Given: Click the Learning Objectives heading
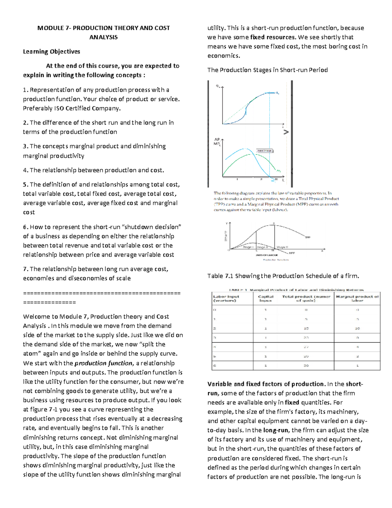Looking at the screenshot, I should tap(51, 52).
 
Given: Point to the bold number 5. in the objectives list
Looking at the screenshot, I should tap(25, 184).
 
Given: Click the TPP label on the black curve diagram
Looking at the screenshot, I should tap(308, 237).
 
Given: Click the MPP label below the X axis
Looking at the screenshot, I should tap(291, 253).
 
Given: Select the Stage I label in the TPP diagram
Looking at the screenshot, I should tap(248, 247).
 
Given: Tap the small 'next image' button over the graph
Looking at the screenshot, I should tap(264, 151).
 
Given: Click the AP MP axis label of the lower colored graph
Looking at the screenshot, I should tap(217, 141).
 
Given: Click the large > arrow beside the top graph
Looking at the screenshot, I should tap(286, 132).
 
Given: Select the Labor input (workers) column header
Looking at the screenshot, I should tap(226, 298).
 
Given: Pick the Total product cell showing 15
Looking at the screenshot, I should tap(306, 328).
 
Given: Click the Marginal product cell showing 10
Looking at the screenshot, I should tap(357, 328).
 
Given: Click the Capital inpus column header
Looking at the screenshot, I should tap(265, 298).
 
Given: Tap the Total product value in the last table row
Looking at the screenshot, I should tap(306, 365).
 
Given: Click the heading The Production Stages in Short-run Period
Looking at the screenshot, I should tap(267, 70).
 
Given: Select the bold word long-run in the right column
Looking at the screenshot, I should tap(275, 430).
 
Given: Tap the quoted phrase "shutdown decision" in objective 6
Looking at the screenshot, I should tap(151, 227).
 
